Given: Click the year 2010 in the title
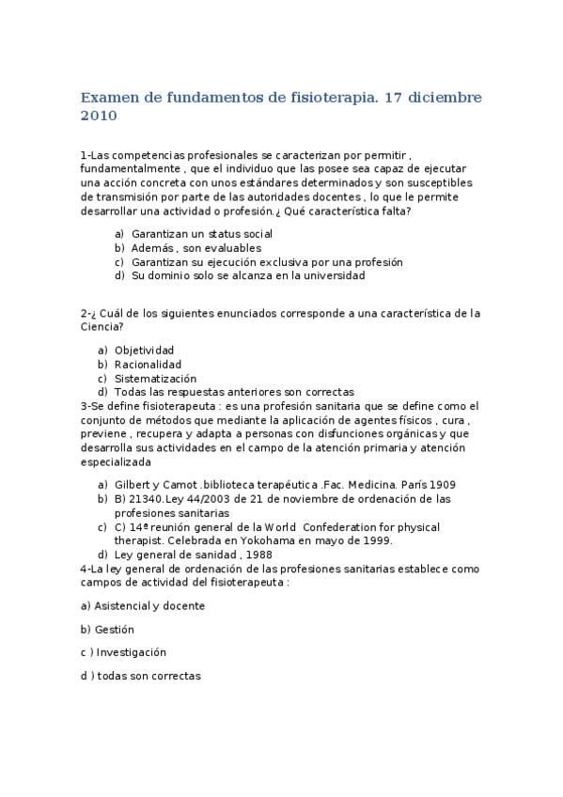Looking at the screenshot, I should click(99, 117).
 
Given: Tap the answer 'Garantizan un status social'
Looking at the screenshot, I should click(201, 234).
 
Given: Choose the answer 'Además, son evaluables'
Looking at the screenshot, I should click(195, 248).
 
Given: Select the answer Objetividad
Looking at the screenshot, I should click(144, 351).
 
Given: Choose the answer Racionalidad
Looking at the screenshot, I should click(148, 365).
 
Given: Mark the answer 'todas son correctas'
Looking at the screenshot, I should click(149, 676).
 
